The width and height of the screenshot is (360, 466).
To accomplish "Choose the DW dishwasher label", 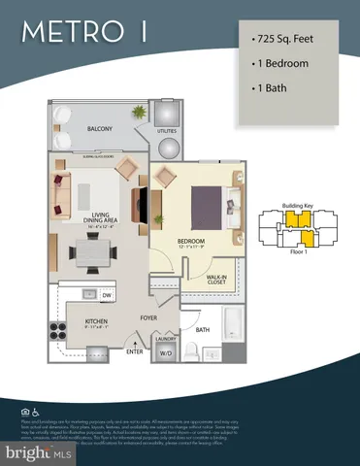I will (107, 295).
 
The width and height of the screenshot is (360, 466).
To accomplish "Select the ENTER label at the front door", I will (133, 350).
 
